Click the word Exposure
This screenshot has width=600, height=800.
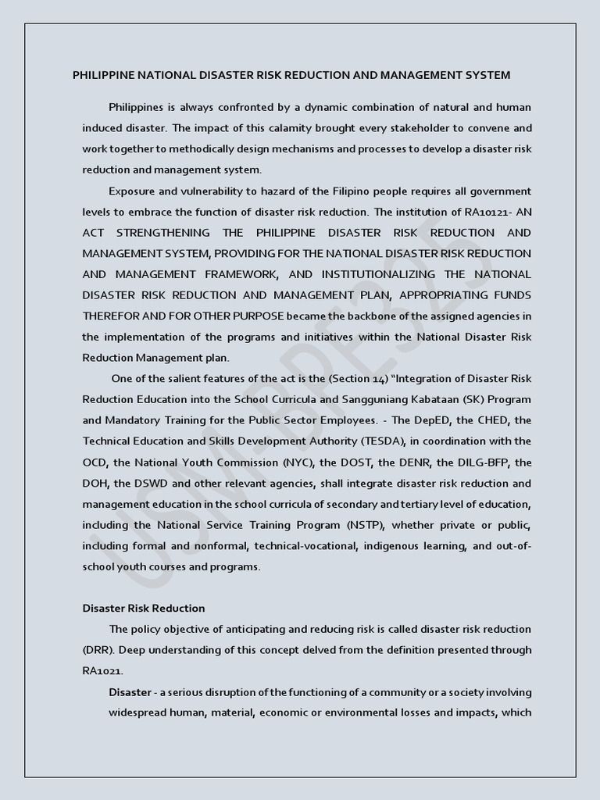(x=133, y=191)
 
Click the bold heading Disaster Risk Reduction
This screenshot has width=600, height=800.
(x=144, y=608)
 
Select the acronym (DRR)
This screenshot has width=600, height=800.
(x=98, y=650)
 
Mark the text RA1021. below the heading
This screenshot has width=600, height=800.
(x=102, y=670)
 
